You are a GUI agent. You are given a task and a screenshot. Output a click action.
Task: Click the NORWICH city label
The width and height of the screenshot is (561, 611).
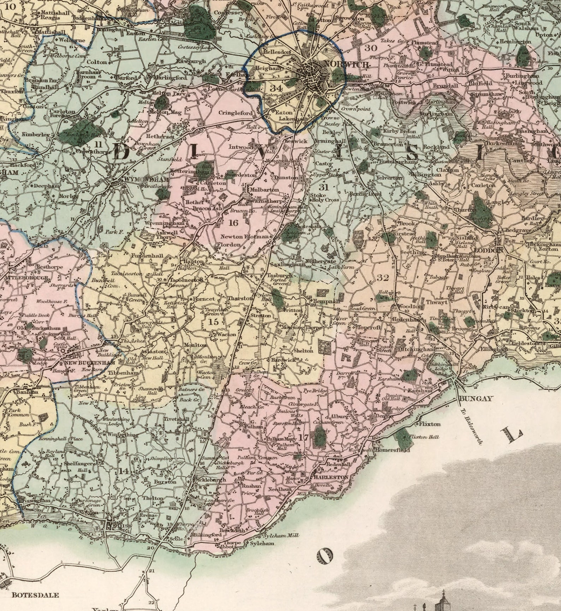coord(347,64)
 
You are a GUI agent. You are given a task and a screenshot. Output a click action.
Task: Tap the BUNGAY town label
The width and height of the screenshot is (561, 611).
coord(476,399)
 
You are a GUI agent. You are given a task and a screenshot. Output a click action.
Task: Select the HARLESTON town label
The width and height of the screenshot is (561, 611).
coord(331,477)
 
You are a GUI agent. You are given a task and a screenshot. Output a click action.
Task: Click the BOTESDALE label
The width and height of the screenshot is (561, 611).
coord(35,595)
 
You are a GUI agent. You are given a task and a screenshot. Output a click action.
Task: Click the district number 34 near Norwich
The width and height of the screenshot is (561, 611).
coord(276,88)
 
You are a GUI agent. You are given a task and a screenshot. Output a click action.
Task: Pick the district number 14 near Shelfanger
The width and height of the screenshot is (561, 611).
coord(124,471)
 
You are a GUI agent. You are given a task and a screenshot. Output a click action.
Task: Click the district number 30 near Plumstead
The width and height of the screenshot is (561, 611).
coord(371,48)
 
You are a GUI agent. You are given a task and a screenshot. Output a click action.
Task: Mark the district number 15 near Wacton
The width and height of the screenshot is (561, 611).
coord(213,322)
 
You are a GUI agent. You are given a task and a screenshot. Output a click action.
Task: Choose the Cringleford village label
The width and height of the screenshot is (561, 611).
coord(236,113)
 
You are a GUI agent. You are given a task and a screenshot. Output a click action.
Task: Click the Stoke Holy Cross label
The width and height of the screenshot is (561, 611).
coord(324,197)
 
